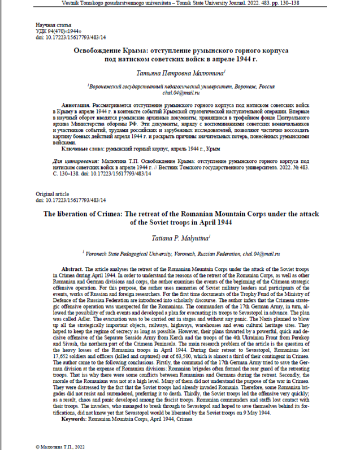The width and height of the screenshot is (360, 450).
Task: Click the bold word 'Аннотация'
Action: [x=75, y=106]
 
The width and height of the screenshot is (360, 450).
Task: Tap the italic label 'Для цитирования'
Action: [x=61, y=161]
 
